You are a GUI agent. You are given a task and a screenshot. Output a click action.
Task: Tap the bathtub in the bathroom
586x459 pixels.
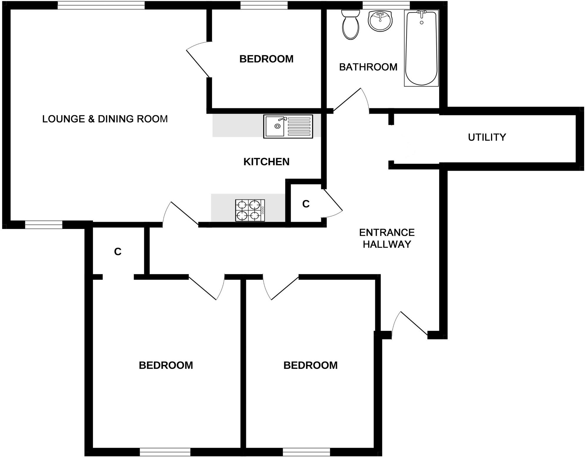click(421, 48)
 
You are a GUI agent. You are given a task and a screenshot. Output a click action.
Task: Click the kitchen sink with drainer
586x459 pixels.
click(288, 126)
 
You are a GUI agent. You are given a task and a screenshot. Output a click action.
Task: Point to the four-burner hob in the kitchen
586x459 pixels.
click(250, 210)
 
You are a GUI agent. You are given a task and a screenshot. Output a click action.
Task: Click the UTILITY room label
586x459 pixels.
click(487, 137)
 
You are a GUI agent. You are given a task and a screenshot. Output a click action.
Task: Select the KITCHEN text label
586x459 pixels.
click(266, 162)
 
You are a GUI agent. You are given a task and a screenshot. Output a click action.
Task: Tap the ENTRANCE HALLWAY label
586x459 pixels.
click(387, 238)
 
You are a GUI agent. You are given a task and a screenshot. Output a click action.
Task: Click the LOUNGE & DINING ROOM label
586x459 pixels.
click(105, 119)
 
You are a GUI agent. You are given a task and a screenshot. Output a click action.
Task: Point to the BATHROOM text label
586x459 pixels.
click(368, 67)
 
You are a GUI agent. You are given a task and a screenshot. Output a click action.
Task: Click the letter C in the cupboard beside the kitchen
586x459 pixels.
click(306, 204)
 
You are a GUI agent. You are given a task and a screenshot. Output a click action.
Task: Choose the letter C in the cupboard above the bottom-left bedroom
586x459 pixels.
click(118, 252)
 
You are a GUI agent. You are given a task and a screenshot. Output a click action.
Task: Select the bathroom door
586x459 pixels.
click(349, 100)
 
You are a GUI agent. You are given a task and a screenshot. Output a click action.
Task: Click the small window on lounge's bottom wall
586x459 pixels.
click(44, 225)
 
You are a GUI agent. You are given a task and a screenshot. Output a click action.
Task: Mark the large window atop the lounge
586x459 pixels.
click(101, 5)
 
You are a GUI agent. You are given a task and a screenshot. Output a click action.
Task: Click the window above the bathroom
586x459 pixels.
click(386, 5)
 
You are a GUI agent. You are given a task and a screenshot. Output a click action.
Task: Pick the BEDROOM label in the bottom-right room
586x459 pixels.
click(310, 365)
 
